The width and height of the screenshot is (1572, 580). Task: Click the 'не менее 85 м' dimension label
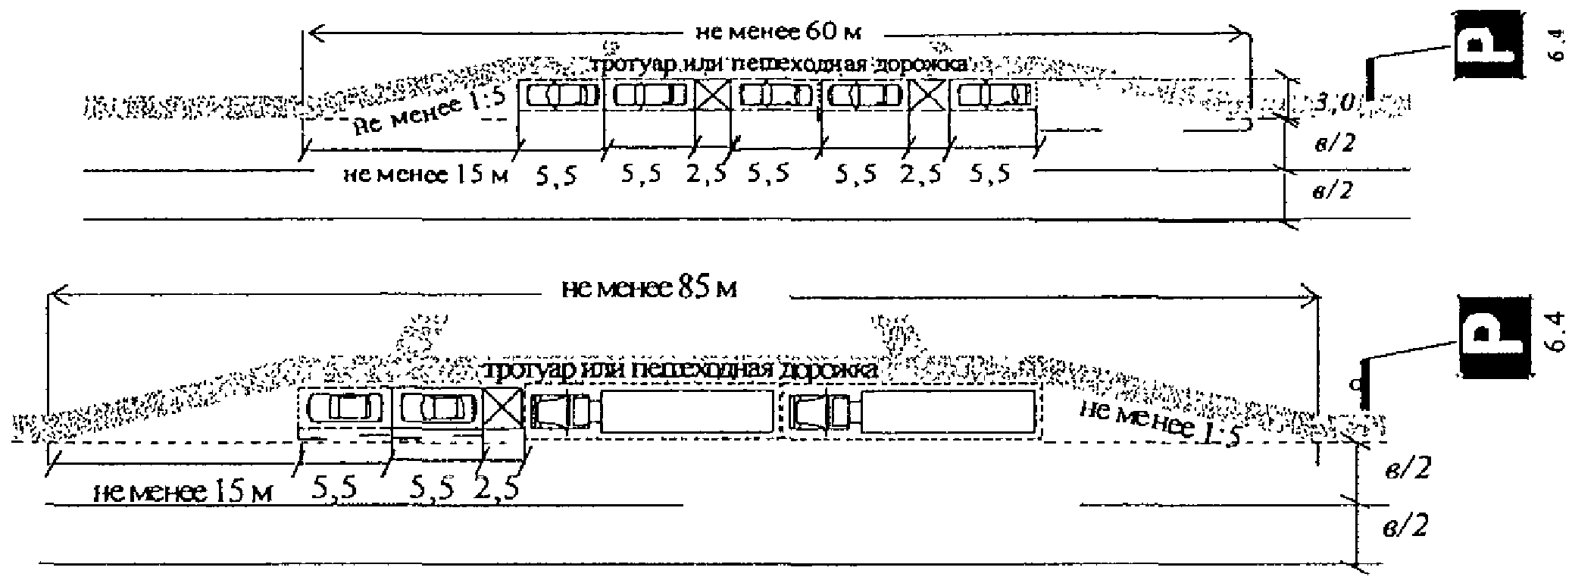click(x=649, y=289)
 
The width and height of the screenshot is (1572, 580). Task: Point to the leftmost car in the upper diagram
click(x=563, y=96)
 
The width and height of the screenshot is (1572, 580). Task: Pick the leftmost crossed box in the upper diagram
click(x=713, y=96)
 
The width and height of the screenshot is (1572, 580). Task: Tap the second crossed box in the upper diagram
click(x=927, y=96)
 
